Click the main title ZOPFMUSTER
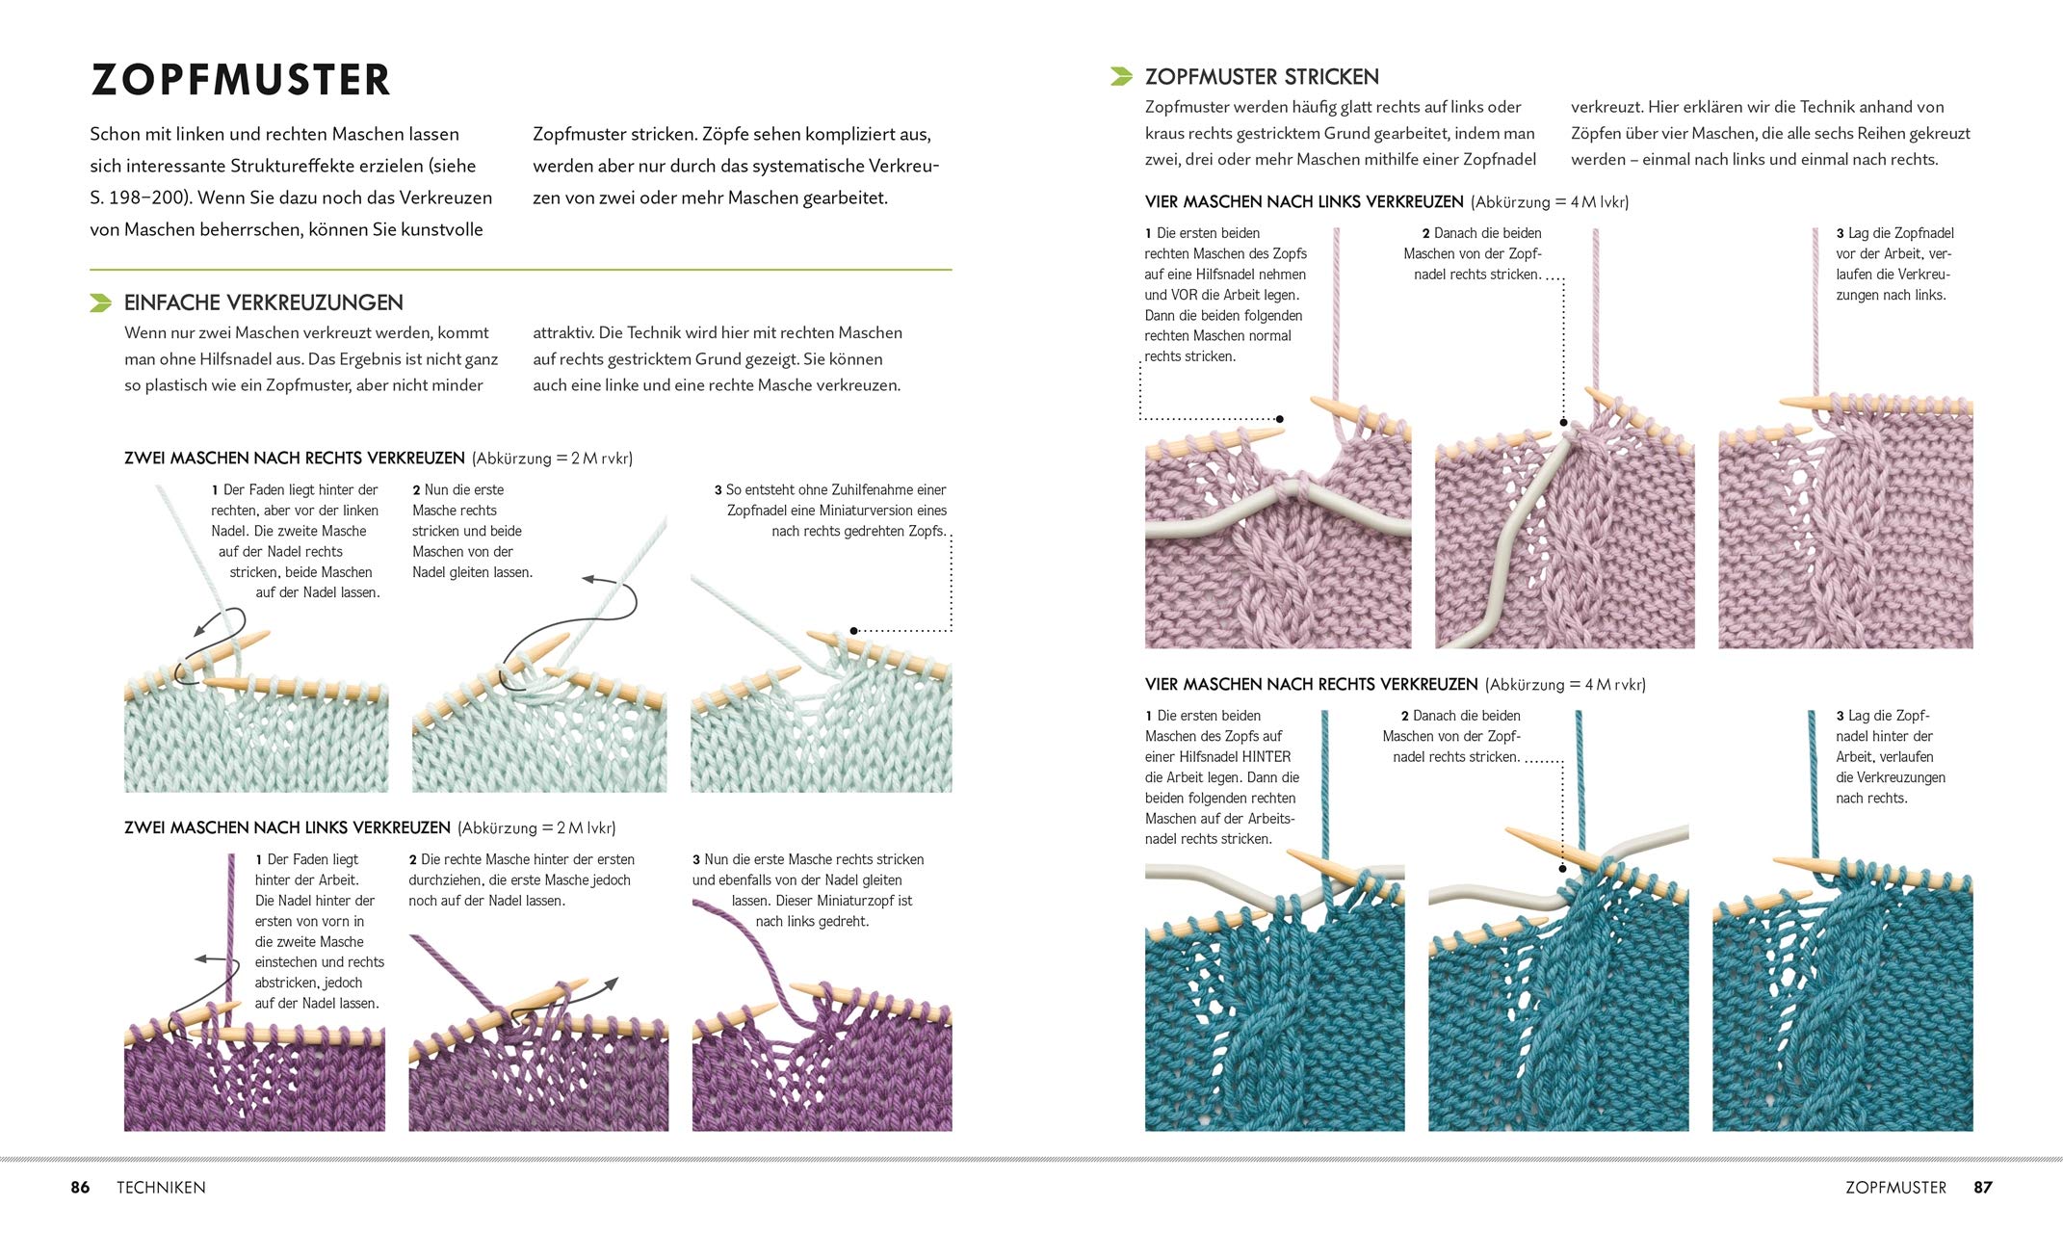pos(241,80)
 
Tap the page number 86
pos(80,1188)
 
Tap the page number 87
pos(1982,1188)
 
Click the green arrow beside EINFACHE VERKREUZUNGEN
pos(100,303)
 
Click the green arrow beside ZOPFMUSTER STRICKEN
pos(1121,76)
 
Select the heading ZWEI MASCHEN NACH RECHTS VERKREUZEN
pos(294,459)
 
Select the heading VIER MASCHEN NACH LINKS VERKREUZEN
pos(1303,202)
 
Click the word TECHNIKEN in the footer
pos(161,1188)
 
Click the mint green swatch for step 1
pos(256,732)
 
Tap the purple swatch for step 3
pos(822,1069)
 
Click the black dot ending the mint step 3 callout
pos(853,631)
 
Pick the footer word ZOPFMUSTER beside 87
pos(1895,1188)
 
